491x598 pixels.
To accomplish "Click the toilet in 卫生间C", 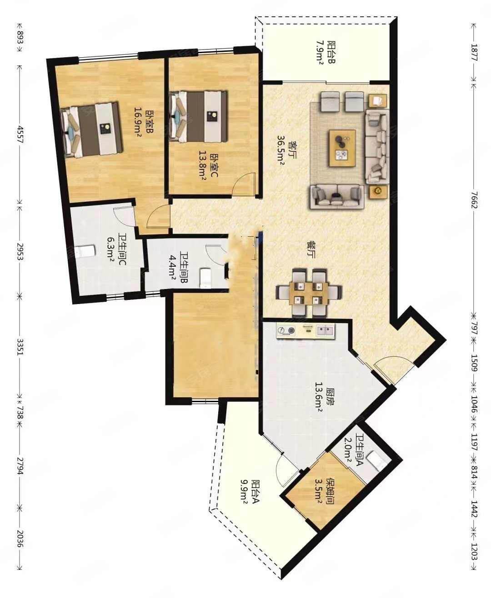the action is click(x=85, y=251).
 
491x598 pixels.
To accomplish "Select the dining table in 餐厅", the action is click(x=309, y=293).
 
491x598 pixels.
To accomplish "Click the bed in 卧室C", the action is click(x=199, y=116).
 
